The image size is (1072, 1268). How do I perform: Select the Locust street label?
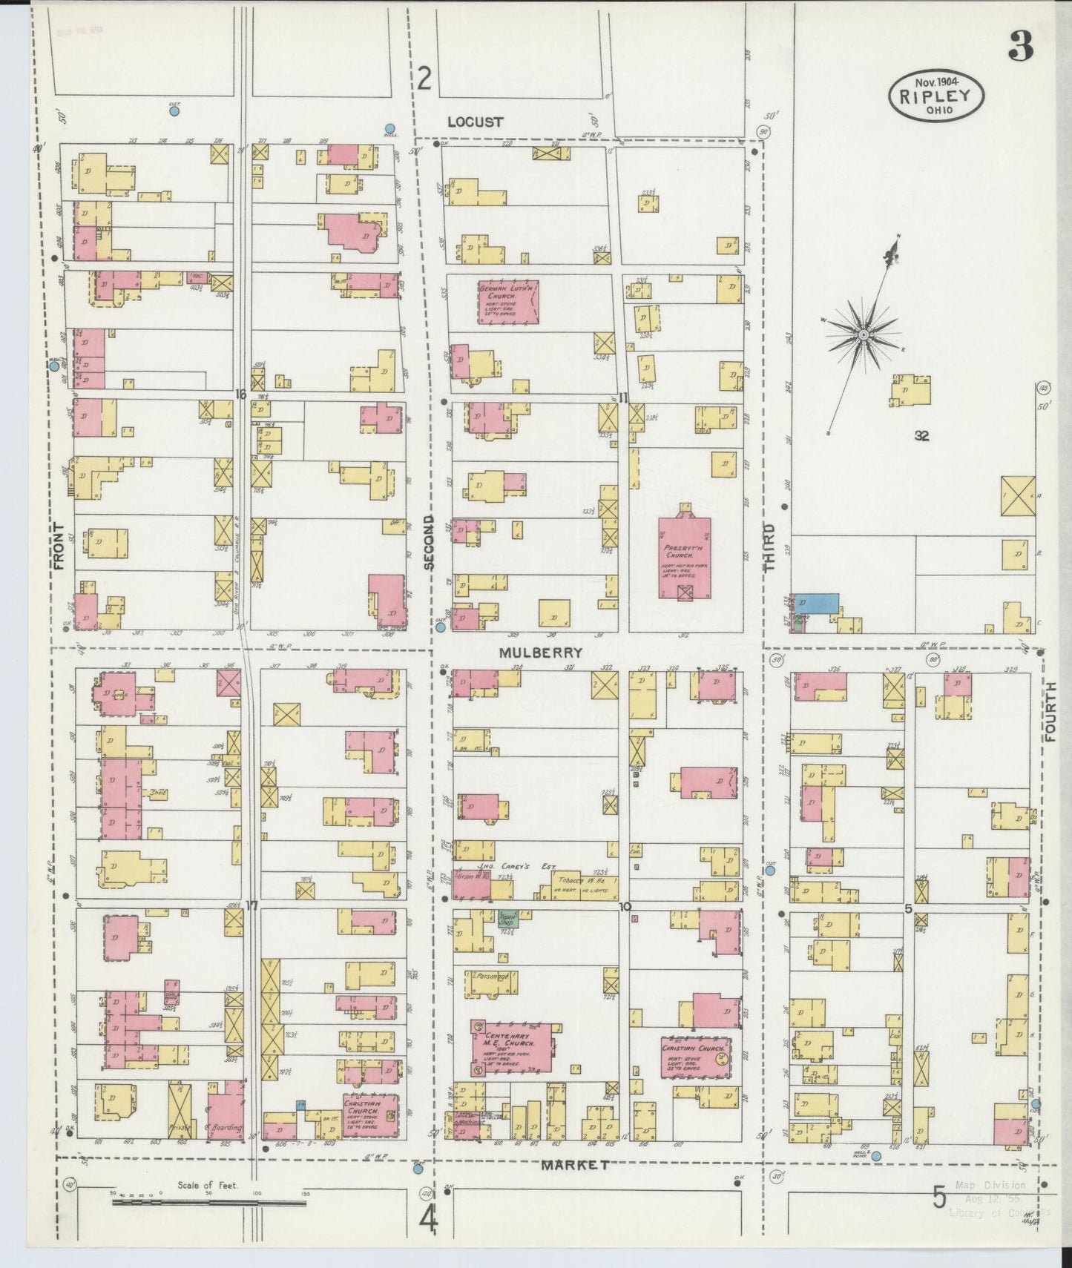pos(475,122)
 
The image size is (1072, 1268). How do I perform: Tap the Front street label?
pos(59,547)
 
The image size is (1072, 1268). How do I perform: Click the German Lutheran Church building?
pos(508,300)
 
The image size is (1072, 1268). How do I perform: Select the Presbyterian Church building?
pos(684,558)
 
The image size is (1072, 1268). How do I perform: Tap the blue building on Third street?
pos(818,602)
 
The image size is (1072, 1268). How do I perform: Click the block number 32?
pos(921,437)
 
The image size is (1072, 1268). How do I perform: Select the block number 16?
pos(240,394)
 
